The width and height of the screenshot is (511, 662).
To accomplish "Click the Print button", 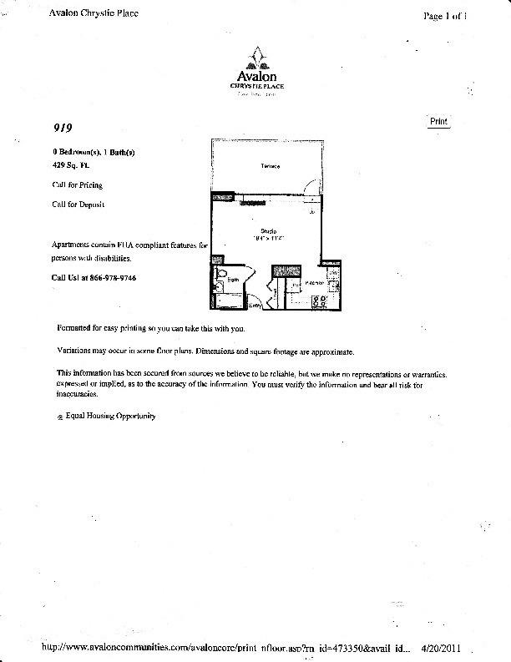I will (438, 121).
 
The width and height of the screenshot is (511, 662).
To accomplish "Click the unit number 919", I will (61, 129).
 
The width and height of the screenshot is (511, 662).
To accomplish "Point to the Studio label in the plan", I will (269, 231).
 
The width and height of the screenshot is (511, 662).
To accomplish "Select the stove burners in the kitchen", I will (318, 301).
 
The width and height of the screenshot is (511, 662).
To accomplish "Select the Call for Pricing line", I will (77, 185).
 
